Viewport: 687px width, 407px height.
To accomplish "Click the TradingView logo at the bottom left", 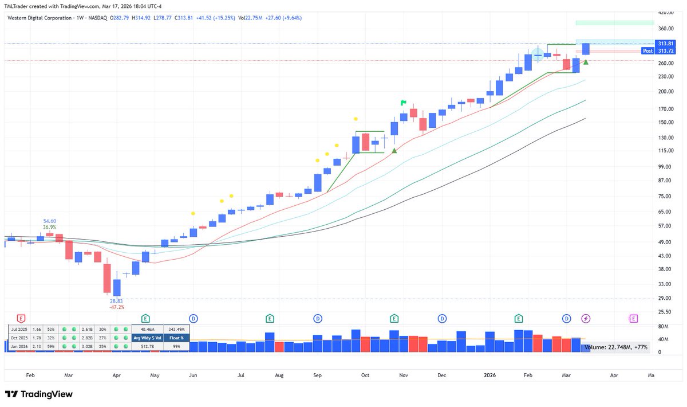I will [39, 394].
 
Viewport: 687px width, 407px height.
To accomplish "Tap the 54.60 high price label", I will [50, 221].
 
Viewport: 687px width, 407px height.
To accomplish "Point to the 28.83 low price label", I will [117, 300].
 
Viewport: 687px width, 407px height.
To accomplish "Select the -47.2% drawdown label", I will [117, 307].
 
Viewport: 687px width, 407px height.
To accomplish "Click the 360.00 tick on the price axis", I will [665, 28].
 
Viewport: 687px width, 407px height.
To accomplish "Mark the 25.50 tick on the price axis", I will [665, 312].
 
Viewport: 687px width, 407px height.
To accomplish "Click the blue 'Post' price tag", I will [647, 51].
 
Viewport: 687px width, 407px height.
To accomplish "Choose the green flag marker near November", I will [403, 103].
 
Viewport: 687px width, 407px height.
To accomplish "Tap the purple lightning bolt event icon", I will [586, 318].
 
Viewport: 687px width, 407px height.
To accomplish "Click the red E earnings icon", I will [22, 318].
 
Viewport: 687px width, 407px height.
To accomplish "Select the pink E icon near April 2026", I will [633, 318].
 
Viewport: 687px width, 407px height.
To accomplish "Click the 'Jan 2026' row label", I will [19, 346].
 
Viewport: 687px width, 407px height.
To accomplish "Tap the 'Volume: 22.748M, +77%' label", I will [615, 347].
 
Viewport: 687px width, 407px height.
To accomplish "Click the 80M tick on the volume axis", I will [663, 327].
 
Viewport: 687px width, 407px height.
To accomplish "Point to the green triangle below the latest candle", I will [586, 62].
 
